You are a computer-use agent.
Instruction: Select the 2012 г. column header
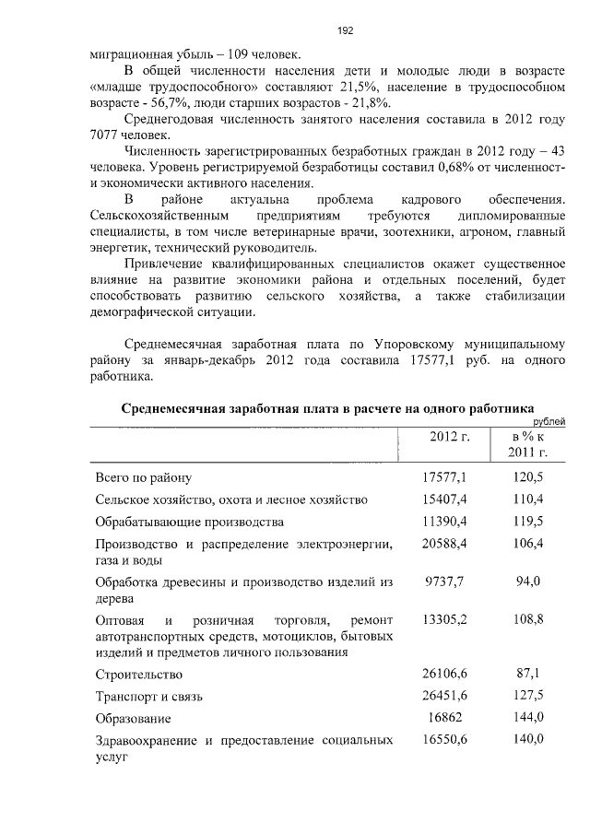(x=449, y=436)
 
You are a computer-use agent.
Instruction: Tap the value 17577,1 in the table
(x=445, y=476)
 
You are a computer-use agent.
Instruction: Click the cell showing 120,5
(x=528, y=476)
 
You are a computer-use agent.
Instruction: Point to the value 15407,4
(x=445, y=499)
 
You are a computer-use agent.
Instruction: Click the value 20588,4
(x=445, y=544)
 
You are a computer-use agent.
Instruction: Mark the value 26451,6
(x=445, y=696)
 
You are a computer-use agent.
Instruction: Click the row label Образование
(x=134, y=719)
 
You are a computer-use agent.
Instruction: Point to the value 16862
(x=445, y=718)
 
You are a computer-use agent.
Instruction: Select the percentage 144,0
(x=528, y=718)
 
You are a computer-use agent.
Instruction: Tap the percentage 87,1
(x=528, y=674)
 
